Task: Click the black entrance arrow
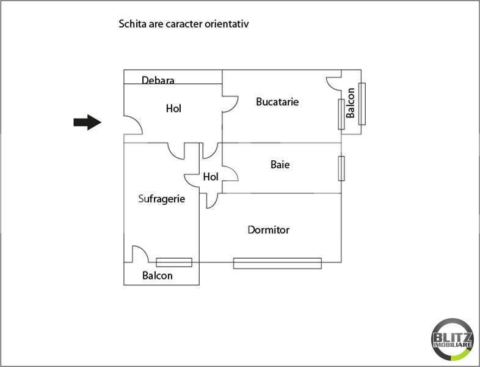pyautogui.click(x=87, y=122)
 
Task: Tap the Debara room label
pyautogui.click(x=158, y=80)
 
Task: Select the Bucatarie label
pyautogui.click(x=277, y=102)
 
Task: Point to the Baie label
pyautogui.click(x=280, y=165)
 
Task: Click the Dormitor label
pyautogui.click(x=269, y=229)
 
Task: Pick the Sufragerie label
pyautogui.click(x=162, y=199)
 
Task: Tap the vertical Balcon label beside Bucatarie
pyautogui.click(x=350, y=103)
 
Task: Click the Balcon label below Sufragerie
pyautogui.click(x=158, y=275)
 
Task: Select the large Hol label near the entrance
pyautogui.click(x=173, y=108)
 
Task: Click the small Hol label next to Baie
pyautogui.click(x=211, y=177)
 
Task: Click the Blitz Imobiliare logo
pyautogui.click(x=453, y=339)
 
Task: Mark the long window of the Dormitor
pyautogui.click(x=277, y=264)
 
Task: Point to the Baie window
pyautogui.click(x=341, y=168)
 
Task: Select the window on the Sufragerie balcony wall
pyautogui.click(x=174, y=262)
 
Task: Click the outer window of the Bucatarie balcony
pyautogui.click(x=362, y=104)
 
